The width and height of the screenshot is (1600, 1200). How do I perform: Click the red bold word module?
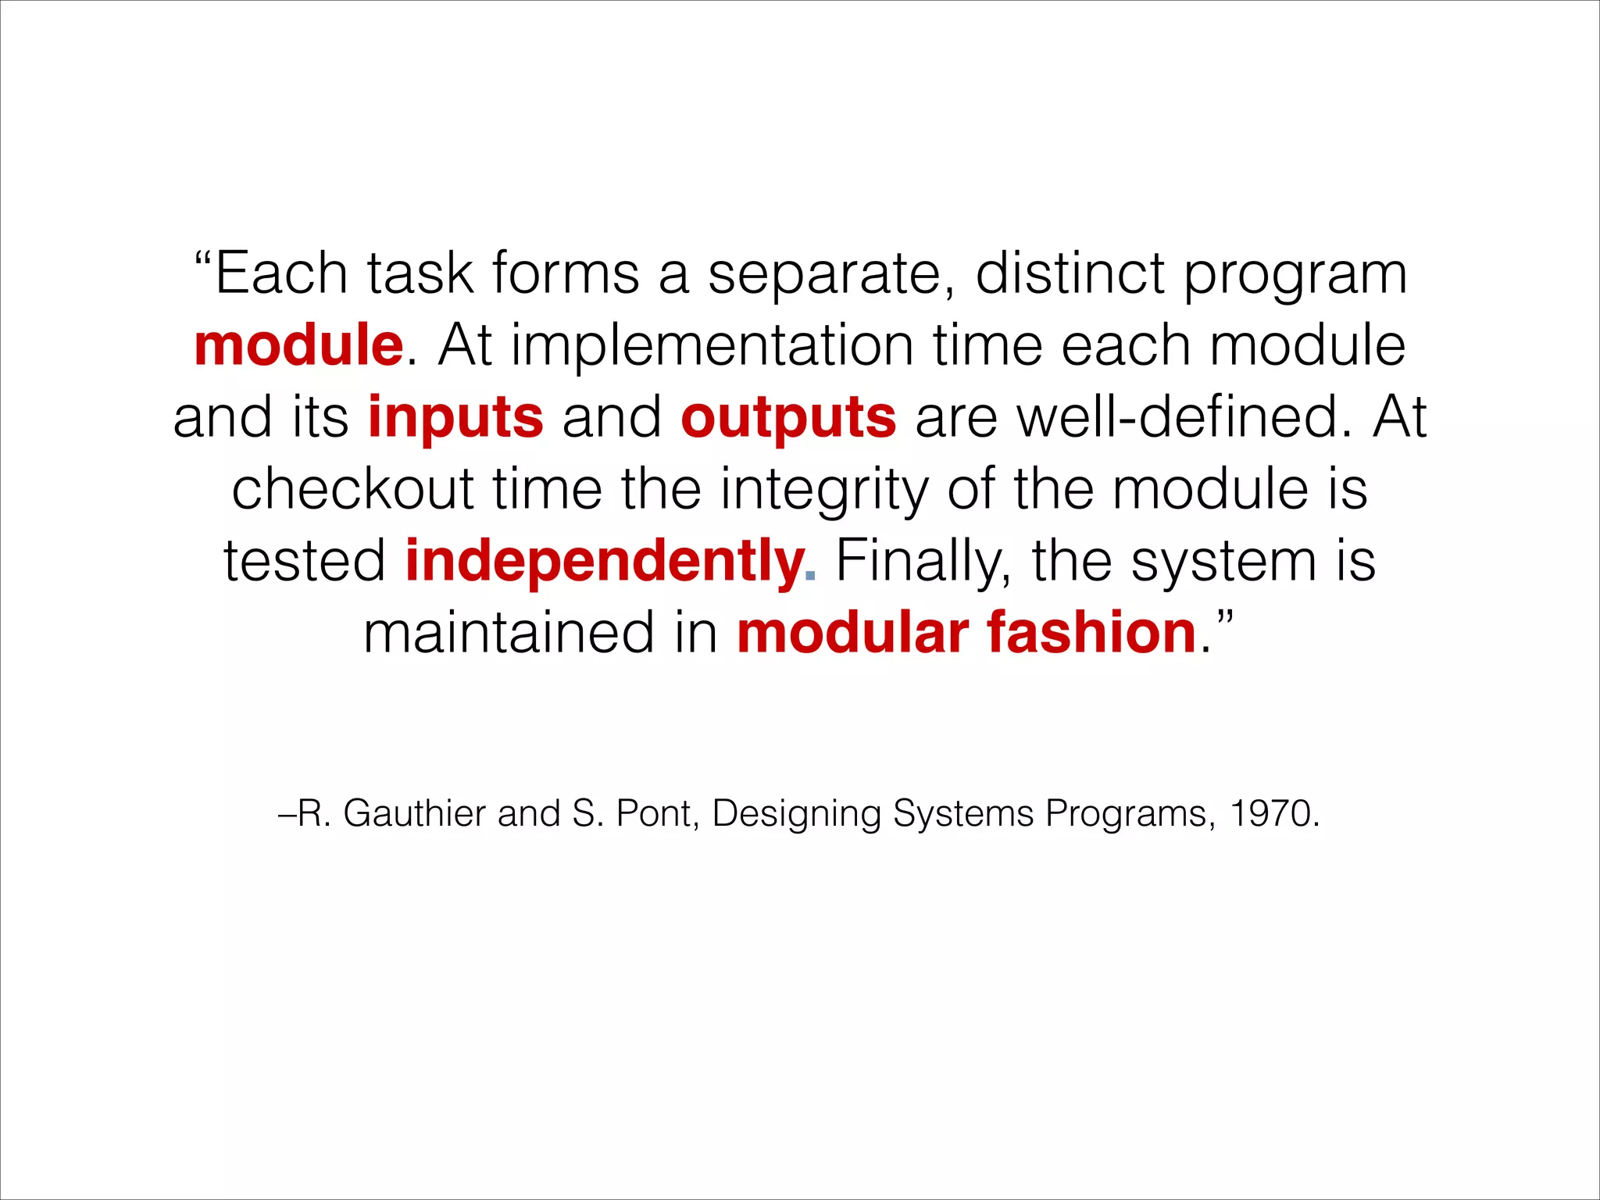point(298,345)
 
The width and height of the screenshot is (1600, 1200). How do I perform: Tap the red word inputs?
point(455,417)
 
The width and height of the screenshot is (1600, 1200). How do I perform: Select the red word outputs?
point(788,417)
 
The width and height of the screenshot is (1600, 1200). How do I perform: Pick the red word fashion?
point(1091,633)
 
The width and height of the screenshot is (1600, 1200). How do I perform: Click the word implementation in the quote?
point(712,345)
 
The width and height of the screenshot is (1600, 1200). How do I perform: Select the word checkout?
point(352,489)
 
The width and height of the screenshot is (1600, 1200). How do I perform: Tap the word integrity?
point(824,491)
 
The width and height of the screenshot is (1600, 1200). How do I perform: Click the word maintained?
point(509,633)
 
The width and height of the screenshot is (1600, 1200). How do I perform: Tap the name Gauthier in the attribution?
point(415,814)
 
